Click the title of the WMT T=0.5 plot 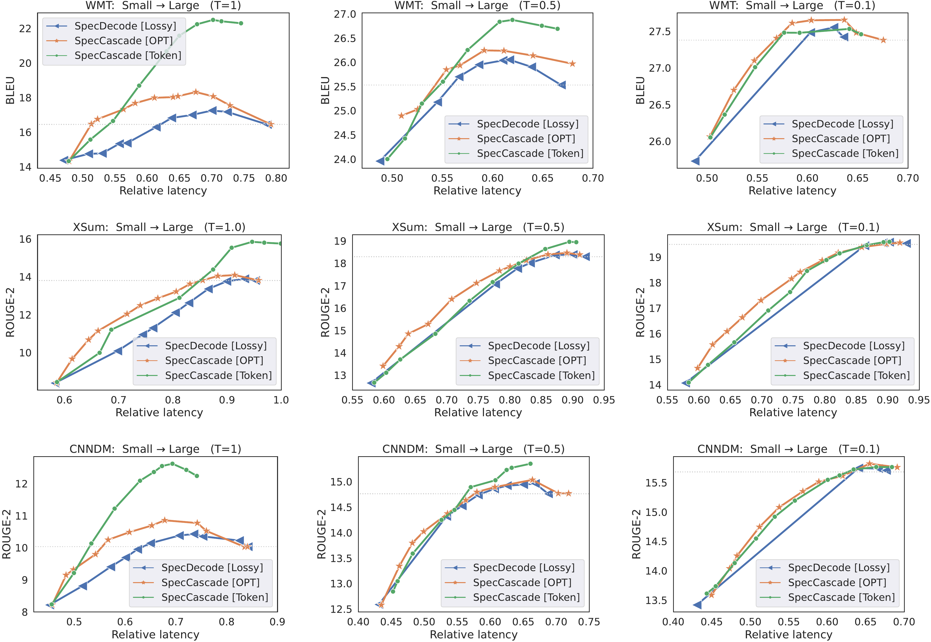477,6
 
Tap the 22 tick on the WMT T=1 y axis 25,28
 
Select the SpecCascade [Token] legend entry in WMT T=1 128,55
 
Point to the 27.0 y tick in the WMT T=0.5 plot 345,14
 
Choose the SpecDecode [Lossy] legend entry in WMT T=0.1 842,124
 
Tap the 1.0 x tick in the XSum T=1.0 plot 281,400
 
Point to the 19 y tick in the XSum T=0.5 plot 340,241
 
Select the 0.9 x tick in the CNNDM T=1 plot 277,622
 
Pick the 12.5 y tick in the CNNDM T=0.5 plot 341,609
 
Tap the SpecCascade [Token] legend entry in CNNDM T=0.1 841,597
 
